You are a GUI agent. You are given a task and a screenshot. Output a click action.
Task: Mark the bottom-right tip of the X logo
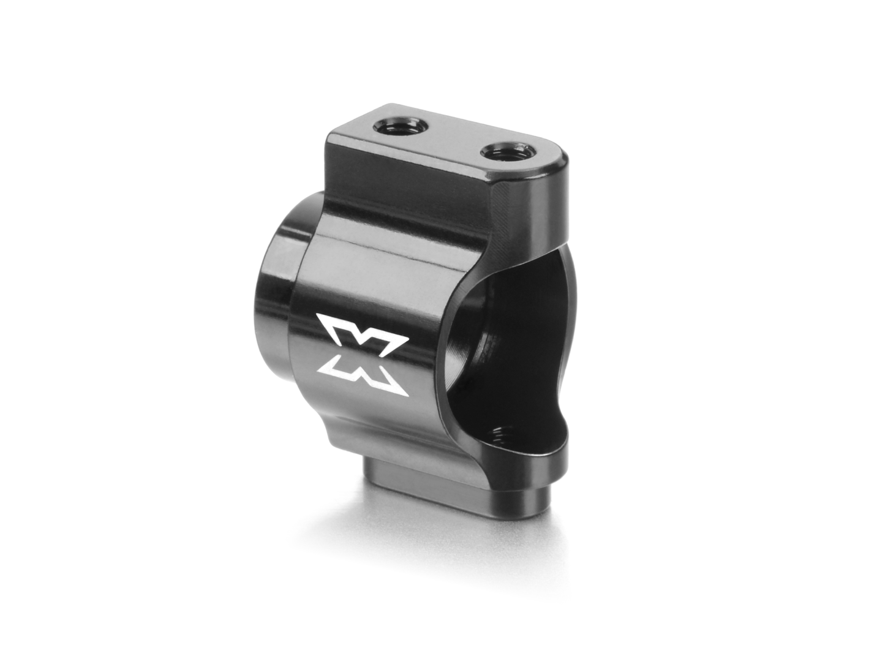click(406, 391)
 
